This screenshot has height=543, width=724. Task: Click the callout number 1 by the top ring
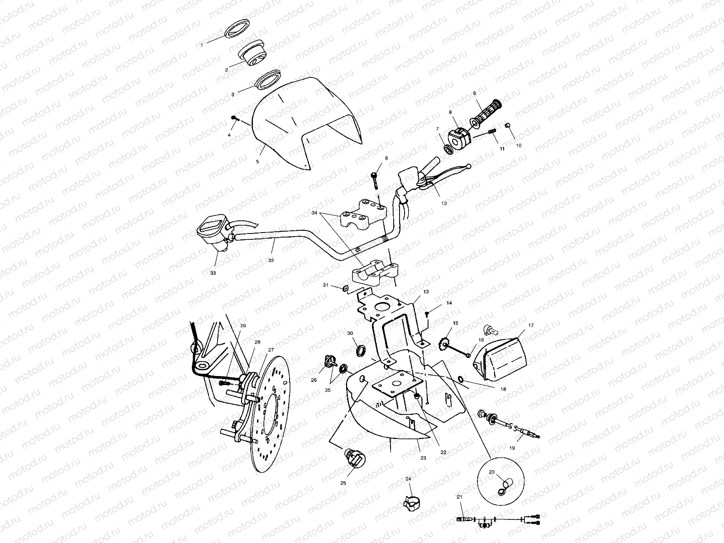coord(202,45)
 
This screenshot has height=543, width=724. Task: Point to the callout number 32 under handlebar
coord(271,261)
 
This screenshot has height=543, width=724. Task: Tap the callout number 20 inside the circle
coord(491,472)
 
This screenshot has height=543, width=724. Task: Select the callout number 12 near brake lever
coord(443,204)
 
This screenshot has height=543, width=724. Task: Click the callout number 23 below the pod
coord(423,458)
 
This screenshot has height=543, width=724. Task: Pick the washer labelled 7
coord(448,148)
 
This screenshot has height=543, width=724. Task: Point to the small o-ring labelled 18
coord(461,378)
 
